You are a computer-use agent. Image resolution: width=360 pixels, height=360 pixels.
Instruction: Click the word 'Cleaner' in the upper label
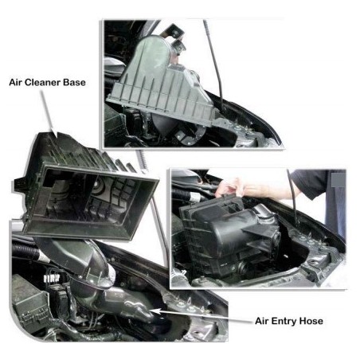click(45, 81)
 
